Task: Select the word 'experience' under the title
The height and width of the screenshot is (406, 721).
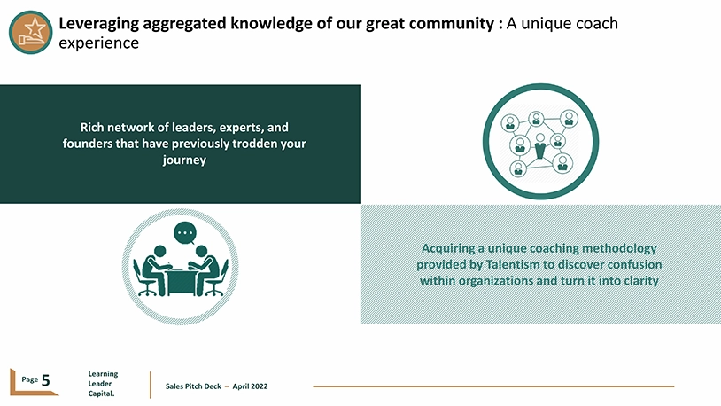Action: (x=99, y=43)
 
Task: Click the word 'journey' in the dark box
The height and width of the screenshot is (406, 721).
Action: (x=184, y=160)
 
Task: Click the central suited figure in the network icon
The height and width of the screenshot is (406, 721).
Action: (x=540, y=146)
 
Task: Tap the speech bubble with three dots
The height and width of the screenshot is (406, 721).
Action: (x=185, y=233)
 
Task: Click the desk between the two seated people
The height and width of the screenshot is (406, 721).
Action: (x=182, y=282)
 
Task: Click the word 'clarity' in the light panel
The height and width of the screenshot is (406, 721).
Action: (x=641, y=281)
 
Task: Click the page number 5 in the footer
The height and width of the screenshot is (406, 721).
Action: (x=45, y=380)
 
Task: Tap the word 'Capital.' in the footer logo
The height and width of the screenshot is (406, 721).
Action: (x=101, y=394)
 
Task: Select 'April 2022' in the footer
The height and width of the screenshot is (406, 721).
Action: (x=250, y=386)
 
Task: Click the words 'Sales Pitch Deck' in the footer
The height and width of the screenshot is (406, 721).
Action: (x=193, y=386)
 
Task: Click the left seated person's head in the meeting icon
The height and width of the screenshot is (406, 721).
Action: (x=159, y=252)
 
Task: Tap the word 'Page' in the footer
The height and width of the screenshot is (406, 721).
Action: (x=30, y=379)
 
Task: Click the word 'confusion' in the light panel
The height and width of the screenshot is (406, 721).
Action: (x=634, y=265)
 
